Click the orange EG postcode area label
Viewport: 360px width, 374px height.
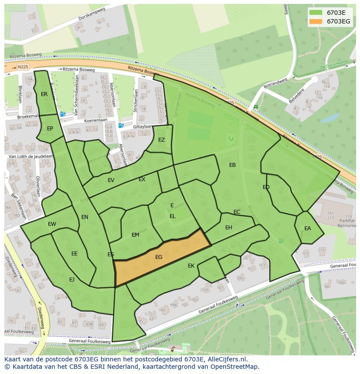point(159,257)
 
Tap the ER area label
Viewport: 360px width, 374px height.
point(44,94)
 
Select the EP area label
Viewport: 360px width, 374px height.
point(50,129)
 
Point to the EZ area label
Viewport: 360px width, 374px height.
point(162,140)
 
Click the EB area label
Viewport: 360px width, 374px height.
point(232,165)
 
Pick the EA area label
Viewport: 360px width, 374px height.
point(307,228)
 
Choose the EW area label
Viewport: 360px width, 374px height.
point(52,224)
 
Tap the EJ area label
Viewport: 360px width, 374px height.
point(72,279)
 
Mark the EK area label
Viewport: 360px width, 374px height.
point(191,265)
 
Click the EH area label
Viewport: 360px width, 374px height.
point(229,227)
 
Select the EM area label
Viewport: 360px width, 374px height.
point(135,235)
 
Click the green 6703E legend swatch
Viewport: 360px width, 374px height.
point(316,13)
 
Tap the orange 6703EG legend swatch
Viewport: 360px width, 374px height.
point(316,21)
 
